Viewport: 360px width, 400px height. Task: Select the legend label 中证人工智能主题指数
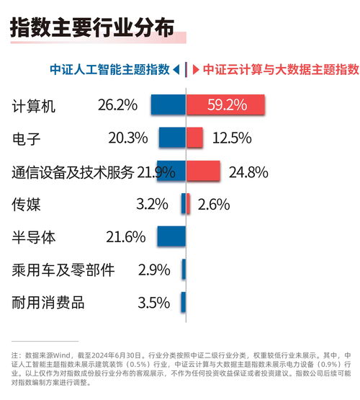(109, 70)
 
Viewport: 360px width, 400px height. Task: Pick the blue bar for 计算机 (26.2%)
(168, 105)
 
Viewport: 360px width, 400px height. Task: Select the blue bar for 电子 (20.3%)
(172, 138)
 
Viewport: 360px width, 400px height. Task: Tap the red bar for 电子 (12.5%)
(195, 138)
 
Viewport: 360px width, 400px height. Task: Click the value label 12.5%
(232, 138)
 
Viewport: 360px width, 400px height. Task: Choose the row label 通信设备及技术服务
(73, 172)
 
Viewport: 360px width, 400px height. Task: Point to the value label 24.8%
(248, 172)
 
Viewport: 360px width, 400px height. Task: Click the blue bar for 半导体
(171, 236)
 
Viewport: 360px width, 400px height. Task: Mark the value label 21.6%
(125, 236)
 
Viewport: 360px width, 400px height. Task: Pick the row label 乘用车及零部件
(63, 270)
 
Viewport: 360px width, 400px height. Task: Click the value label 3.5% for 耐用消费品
(153, 303)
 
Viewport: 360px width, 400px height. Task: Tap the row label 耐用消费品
(48, 303)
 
